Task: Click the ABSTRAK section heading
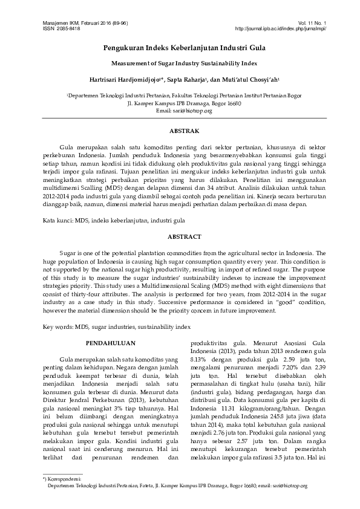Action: [179, 130]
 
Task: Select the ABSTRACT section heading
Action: [179, 237]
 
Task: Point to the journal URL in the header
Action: [280, 28]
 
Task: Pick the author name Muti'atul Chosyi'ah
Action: [252, 78]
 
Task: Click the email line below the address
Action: [179, 111]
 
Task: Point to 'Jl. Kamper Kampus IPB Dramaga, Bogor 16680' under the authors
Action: [179, 103]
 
